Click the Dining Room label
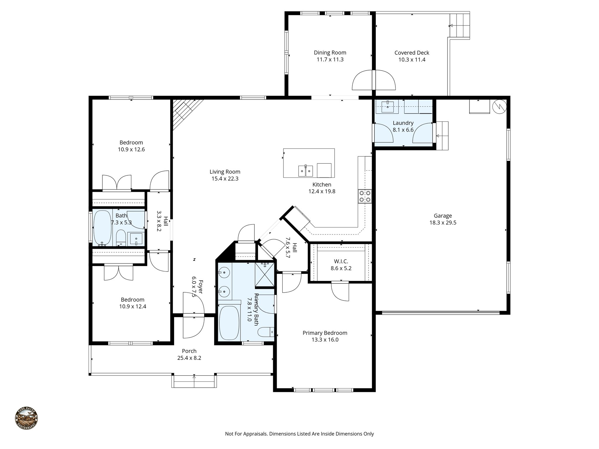point(330,53)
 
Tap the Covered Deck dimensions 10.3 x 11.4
point(412,60)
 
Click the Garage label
point(443,216)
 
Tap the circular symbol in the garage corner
point(499,107)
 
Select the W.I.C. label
point(341,261)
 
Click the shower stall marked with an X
point(265,274)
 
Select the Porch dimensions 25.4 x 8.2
point(189,358)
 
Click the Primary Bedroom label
point(325,333)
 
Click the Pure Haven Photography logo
point(26,418)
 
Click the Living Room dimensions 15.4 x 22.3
point(225,179)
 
